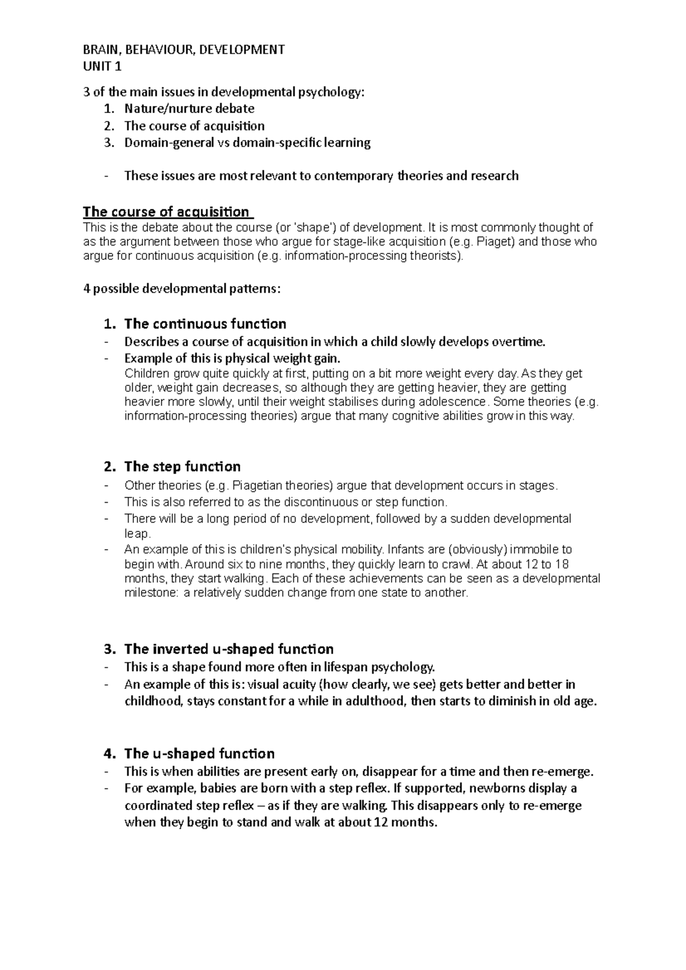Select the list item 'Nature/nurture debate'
pos(189,109)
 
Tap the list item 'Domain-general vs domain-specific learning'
pos(247,143)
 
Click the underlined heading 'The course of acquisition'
pos(166,212)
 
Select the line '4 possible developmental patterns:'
pos(182,288)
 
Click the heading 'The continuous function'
pos(205,324)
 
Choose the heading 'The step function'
pos(182,466)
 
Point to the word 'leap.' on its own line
pos(137,534)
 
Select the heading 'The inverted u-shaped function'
pos(229,649)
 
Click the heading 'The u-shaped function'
pos(200,753)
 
